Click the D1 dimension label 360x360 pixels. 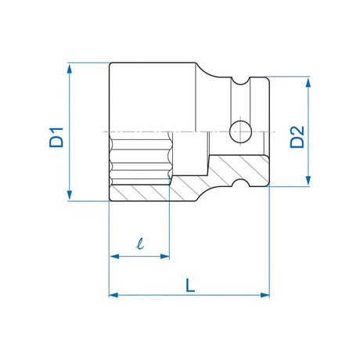click(x=56, y=137)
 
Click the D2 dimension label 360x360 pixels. click(x=297, y=137)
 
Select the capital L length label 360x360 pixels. click(x=190, y=285)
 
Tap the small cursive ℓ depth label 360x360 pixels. click(x=140, y=243)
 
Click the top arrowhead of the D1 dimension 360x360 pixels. click(x=70, y=69)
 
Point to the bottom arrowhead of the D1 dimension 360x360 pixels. click(x=70, y=195)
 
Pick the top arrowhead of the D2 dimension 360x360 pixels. click(x=308, y=82)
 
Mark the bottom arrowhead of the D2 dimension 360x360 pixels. click(x=308, y=180)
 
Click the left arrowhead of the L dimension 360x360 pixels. click(x=114, y=295)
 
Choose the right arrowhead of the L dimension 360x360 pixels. click(x=265, y=295)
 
